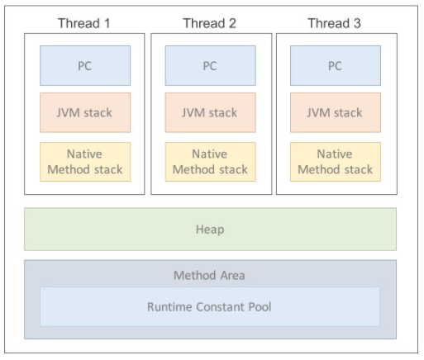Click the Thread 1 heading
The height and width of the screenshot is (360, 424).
click(x=84, y=23)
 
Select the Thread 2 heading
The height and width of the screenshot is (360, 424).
click(x=210, y=23)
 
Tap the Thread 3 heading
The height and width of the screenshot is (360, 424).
click(x=334, y=23)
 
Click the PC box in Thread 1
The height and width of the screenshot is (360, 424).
click(x=85, y=65)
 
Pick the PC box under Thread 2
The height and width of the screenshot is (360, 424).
click(x=211, y=65)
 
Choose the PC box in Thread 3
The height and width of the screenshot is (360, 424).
click(x=336, y=65)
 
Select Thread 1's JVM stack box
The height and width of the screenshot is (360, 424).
click(x=85, y=112)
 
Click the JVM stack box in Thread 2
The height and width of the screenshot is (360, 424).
click(x=211, y=112)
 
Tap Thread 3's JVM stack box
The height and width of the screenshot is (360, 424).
click(x=336, y=112)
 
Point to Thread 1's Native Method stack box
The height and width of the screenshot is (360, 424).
click(x=85, y=162)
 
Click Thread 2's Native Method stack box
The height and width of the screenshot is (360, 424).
click(x=211, y=162)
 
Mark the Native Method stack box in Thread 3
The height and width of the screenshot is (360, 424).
click(x=336, y=162)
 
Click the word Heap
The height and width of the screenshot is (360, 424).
click(x=210, y=230)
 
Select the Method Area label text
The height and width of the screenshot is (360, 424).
click(x=209, y=275)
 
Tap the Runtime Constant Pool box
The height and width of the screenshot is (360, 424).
click(x=210, y=306)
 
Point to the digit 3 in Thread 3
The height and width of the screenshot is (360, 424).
click(x=357, y=23)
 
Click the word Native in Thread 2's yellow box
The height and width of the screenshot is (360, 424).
click(x=210, y=154)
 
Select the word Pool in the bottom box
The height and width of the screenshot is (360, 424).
click(x=260, y=307)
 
